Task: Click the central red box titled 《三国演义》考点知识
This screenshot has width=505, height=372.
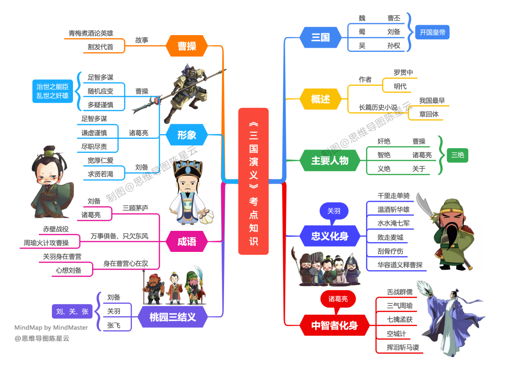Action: coord(253,181)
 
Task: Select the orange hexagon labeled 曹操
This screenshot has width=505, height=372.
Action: coord(187,46)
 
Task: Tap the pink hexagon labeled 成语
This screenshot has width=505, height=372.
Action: coord(187,241)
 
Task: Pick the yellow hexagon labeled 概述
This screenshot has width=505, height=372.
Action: coord(320,99)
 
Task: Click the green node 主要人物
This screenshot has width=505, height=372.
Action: coord(330,160)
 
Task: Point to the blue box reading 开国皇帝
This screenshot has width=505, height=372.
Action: coord(432,32)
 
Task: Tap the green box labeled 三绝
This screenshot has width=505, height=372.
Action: coord(457,155)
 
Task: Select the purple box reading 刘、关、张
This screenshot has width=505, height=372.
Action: coord(72,311)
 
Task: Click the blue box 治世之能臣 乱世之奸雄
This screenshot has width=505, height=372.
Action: coord(52,91)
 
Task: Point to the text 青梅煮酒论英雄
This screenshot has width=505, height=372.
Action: coord(91,33)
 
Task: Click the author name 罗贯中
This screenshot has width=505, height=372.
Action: coord(403,72)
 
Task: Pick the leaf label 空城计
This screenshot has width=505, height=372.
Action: coord(396,334)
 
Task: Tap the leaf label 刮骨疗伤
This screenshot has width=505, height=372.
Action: coord(390,251)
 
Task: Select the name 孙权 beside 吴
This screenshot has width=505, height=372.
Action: coord(393,46)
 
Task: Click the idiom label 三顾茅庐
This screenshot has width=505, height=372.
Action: coord(135,207)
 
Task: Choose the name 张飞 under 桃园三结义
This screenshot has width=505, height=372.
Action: coord(114,325)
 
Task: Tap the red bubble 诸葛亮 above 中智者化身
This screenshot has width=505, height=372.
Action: coord(338,298)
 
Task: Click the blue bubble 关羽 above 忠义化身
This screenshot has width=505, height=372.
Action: coord(333,211)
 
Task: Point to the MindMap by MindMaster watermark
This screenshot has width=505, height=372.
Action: coord(51,328)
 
